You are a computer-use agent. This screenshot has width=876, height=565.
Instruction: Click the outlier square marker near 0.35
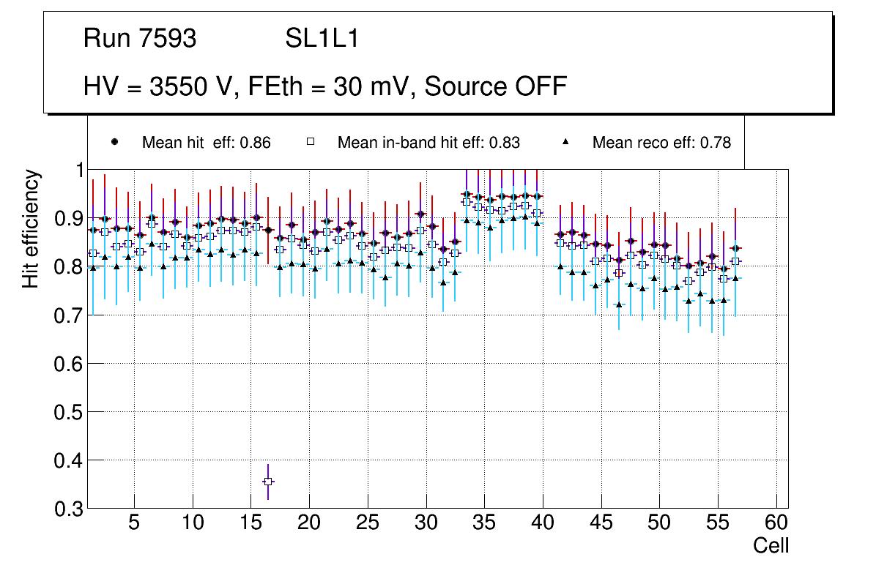(x=268, y=482)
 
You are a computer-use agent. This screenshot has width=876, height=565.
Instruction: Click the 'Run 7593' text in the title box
(x=140, y=39)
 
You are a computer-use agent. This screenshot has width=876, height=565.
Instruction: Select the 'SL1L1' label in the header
(x=322, y=39)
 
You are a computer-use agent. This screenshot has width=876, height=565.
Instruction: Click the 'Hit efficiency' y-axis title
(x=31, y=228)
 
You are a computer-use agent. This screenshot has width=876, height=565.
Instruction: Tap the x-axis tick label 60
(x=776, y=523)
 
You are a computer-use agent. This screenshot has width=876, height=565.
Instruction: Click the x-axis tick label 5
(x=134, y=523)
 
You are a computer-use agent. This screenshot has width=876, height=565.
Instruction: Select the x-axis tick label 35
(x=484, y=523)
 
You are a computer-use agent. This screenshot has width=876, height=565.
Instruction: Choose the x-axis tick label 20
(x=309, y=523)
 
